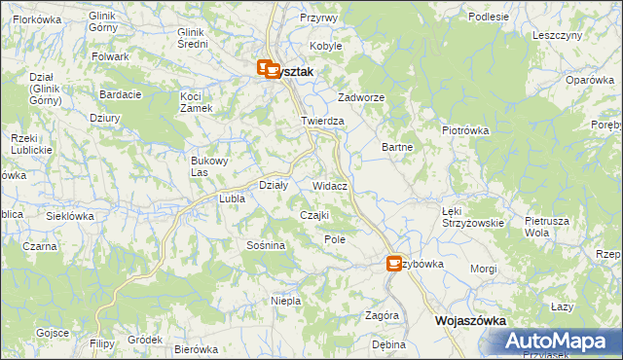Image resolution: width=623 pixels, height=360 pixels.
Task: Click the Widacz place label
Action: (x=331, y=184)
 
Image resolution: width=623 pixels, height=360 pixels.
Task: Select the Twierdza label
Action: (x=323, y=121)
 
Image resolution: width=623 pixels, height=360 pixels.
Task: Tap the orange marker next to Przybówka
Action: (x=394, y=263)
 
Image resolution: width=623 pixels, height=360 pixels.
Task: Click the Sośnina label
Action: (x=266, y=245)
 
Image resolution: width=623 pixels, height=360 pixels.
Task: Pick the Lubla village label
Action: (x=232, y=198)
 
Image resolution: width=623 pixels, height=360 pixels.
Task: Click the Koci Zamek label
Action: (x=197, y=101)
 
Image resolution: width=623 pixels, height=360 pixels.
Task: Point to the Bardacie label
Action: (x=121, y=94)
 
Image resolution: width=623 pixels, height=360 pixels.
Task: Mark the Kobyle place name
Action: (x=326, y=46)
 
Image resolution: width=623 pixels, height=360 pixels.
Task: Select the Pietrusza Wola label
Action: (x=546, y=227)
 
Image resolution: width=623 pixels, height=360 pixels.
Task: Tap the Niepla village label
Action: (x=285, y=301)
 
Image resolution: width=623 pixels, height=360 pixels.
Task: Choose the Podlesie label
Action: (x=489, y=17)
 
